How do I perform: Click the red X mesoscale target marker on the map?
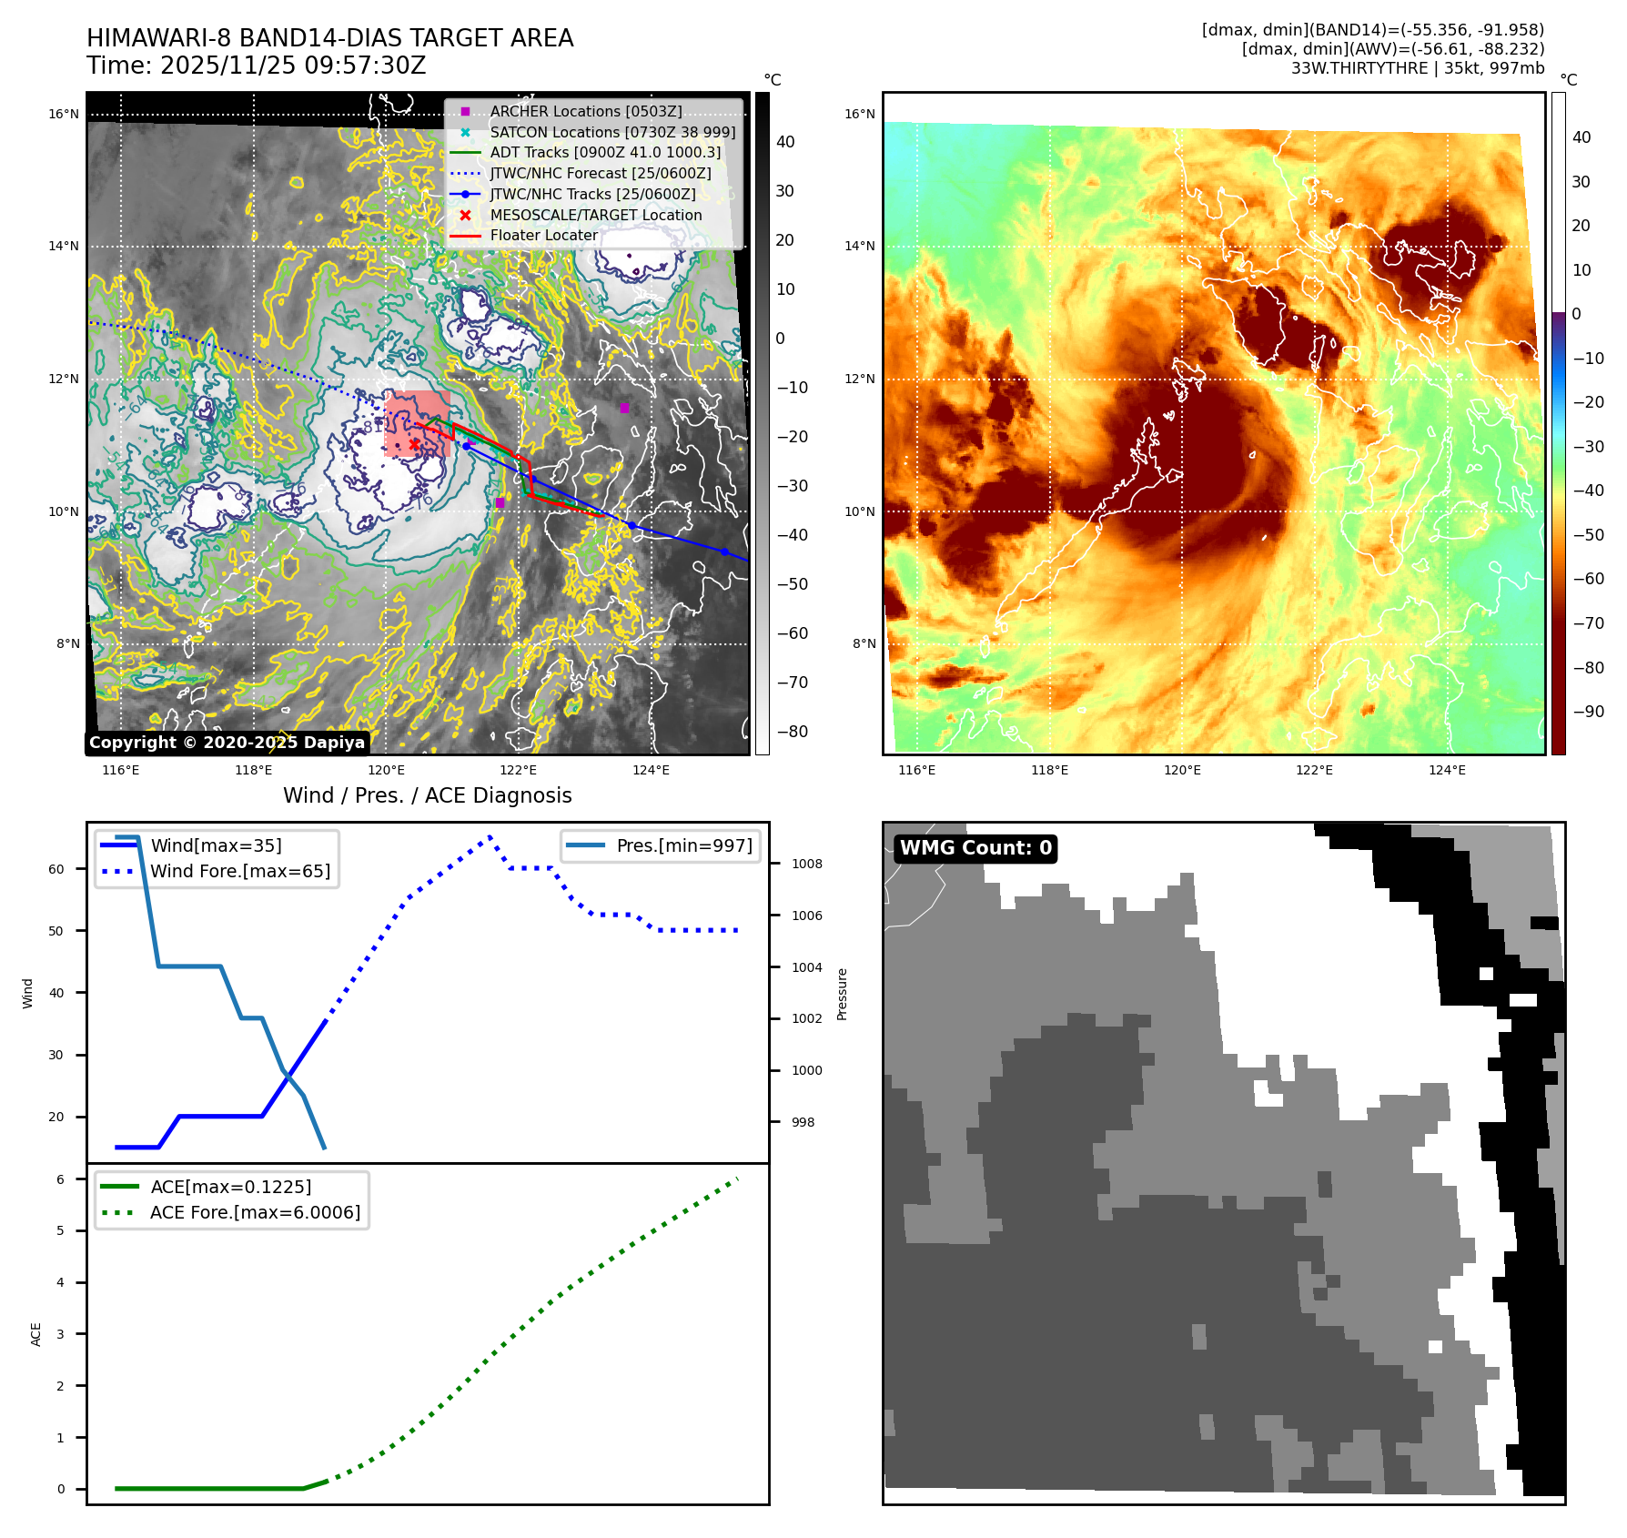pos(414,444)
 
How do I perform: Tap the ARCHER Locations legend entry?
pos(585,111)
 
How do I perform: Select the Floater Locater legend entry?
pos(543,235)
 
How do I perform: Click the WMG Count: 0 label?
pos(975,848)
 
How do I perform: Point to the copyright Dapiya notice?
pos(227,743)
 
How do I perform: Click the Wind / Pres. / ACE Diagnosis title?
pos(427,795)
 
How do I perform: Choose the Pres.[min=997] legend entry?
pos(683,845)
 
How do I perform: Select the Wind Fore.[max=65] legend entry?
pos(240,871)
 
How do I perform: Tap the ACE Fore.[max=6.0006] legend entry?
pos(255,1212)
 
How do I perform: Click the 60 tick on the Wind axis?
pos(56,869)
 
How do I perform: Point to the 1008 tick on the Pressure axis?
pos(806,864)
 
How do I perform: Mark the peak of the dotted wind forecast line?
pos(490,835)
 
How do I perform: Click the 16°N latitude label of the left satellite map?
pos(64,114)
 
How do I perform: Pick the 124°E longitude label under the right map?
pos(1447,770)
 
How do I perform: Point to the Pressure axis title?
pos(842,994)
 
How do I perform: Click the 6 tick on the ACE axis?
pos(60,1179)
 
